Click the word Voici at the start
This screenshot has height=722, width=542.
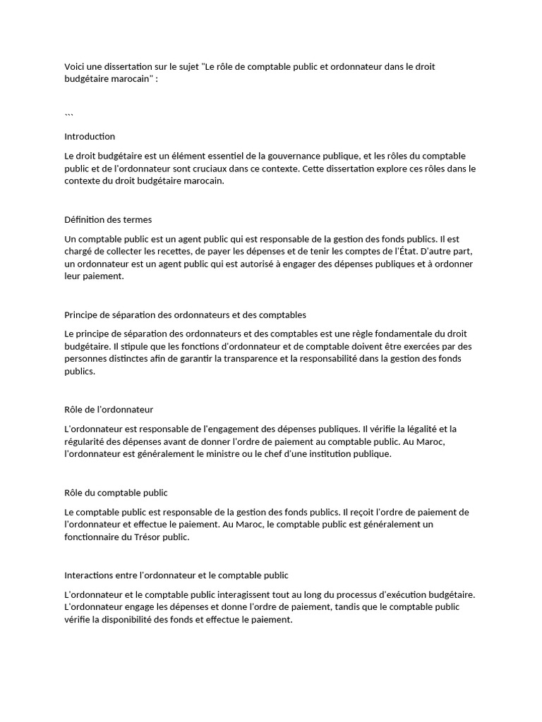(75, 66)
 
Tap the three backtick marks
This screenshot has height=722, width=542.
(68, 114)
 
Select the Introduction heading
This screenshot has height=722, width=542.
(90, 136)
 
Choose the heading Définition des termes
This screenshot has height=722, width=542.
(108, 219)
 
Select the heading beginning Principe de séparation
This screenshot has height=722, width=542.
(185, 314)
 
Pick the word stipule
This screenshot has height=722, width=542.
(130, 346)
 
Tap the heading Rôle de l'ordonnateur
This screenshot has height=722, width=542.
(109, 409)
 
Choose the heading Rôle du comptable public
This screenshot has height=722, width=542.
(116, 492)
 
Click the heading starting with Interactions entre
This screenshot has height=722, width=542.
(176, 575)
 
